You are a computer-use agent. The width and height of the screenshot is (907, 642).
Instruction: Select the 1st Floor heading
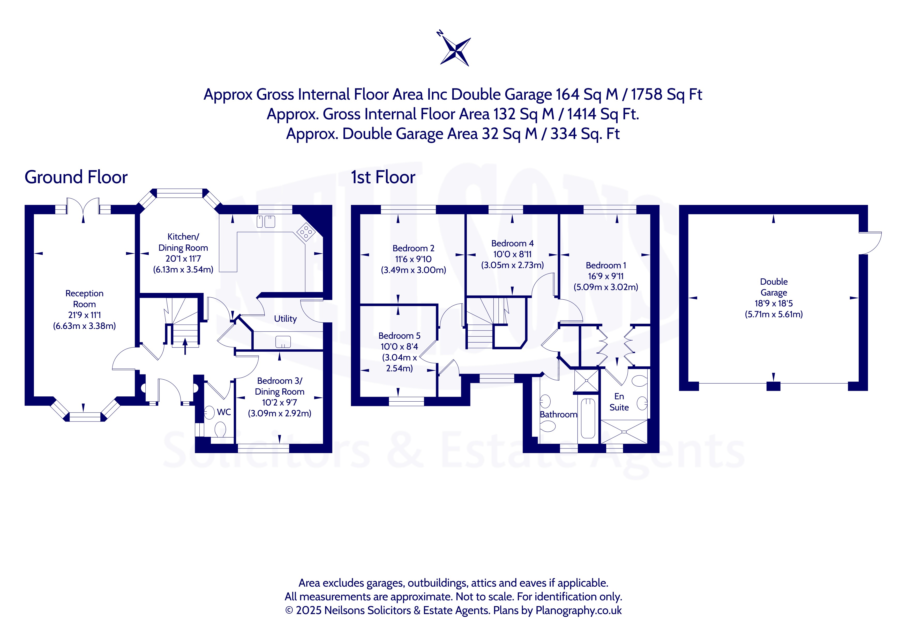(x=383, y=177)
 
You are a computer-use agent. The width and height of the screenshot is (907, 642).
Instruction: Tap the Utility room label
(x=285, y=319)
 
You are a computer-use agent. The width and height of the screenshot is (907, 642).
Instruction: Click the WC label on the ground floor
(x=224, y=412)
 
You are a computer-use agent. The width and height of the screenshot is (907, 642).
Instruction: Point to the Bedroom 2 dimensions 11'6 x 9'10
(x=413, y=259)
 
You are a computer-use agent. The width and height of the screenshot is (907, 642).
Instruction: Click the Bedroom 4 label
(x=512, y=243)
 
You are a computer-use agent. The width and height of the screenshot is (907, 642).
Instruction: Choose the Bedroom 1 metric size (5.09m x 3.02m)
(x=606, y=287)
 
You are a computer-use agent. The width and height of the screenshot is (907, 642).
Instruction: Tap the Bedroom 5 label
(x=399, y=336)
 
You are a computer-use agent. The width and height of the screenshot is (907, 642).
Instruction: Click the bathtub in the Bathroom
(x=588, y=418)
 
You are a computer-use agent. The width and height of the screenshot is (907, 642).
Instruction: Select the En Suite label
(x=619, y=402)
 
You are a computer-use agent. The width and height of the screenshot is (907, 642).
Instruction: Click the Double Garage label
(x=774, y=287)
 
